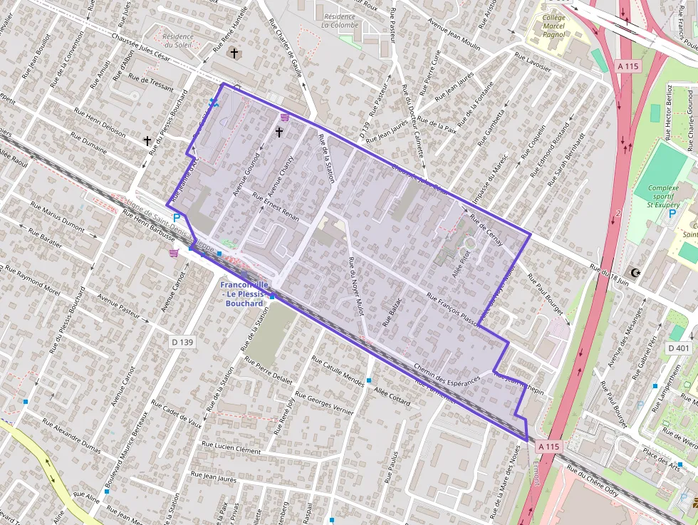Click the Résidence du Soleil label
click(178, 41)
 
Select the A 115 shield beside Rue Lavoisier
click(628, 66)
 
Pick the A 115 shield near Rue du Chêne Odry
click(548, 446)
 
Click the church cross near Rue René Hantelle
click(234, 53)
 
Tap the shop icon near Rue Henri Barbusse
click(173, 252)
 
